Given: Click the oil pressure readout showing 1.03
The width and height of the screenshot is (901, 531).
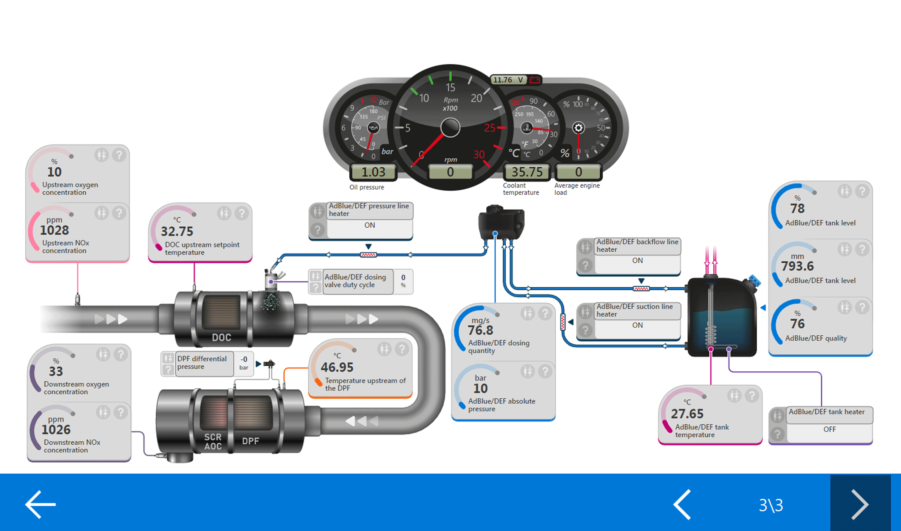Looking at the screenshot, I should coord(373,172).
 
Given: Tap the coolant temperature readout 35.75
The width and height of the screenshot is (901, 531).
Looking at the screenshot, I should coord(527,172).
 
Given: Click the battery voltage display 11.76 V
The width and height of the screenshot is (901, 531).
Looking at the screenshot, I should coord(508,80).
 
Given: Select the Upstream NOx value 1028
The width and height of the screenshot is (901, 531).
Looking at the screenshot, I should coord(54,230).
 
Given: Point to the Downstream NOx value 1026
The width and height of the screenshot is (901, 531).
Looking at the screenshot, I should coord(56,429).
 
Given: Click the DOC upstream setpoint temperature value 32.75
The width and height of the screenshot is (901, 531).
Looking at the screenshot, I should coord(177,232).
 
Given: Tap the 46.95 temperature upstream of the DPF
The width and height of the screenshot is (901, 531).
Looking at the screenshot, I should coord(337,367).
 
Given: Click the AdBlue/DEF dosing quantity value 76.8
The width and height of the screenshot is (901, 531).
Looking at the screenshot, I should coord(480,330).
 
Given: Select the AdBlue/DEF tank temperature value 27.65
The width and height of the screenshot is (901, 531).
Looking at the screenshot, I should coord(687,414).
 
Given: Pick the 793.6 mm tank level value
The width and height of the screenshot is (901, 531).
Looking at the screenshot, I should coord(797,266).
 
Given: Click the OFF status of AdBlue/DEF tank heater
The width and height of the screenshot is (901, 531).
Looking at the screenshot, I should coord(830,429).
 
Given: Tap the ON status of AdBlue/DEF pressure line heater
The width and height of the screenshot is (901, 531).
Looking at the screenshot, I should coord(369,225).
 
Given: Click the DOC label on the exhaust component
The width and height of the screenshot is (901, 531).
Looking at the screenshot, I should coord(221,337).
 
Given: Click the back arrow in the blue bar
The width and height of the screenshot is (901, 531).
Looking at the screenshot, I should coord(40,504).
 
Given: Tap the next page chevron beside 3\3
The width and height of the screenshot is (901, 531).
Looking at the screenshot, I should coord(860,504).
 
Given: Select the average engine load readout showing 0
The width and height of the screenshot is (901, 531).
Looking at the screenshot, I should coord(578,172).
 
